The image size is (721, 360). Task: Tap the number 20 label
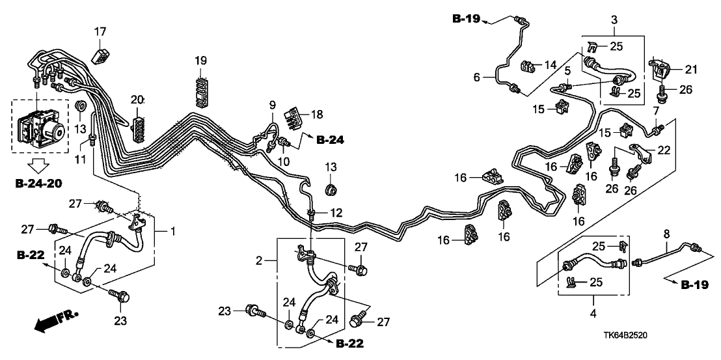click(x=137, y=100)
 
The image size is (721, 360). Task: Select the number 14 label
click(x=550, y=65)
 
